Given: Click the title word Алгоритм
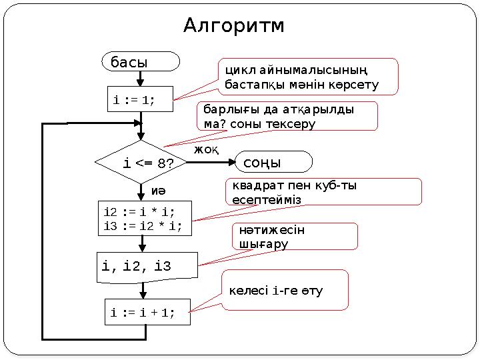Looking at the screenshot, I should [x=233, y=25].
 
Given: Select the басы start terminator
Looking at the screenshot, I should [x=141, y=61].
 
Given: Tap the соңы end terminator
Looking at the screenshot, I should [x=274, y=162].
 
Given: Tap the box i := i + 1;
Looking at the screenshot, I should [x=147, y=312].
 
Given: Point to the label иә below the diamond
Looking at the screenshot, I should [x=159, y=191].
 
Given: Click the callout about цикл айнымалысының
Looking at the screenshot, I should [x=308, y=77].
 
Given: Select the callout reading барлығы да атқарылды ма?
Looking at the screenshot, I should [x=287, y=116].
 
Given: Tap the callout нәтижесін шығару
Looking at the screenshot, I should [x=294, y=237].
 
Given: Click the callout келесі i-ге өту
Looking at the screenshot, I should [x=285, y=291].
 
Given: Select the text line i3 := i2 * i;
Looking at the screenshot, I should [x=143, y=225].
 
